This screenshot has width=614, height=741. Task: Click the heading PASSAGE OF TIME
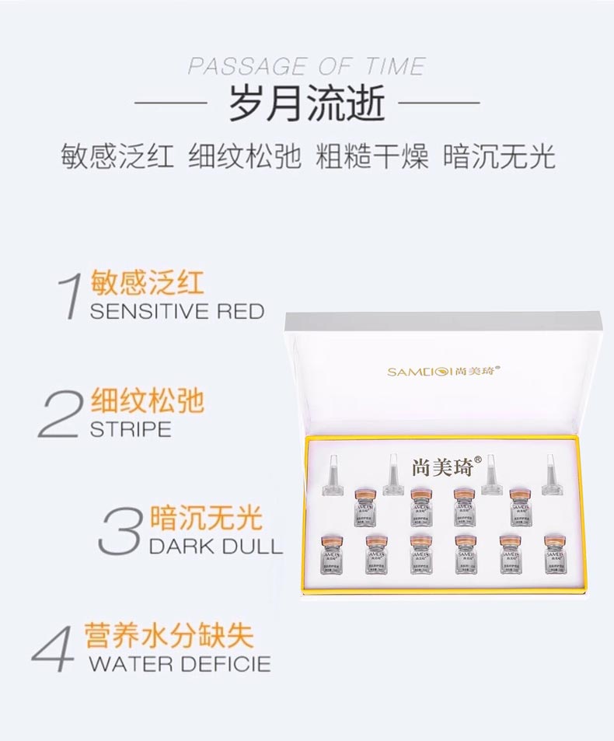click(306, 65)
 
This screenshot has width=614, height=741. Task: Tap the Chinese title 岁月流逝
click(306, 105)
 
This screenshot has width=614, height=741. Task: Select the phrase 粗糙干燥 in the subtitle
click(372, 156)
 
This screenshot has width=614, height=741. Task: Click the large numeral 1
click(72, 295)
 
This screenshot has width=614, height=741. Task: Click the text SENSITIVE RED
click(177, 312)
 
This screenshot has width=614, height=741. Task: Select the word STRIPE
click(131, 429)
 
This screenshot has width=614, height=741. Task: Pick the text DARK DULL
click(215, 545)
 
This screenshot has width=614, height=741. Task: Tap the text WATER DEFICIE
click(180, 664)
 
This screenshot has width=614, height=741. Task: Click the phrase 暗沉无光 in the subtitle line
click(499, 156)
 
